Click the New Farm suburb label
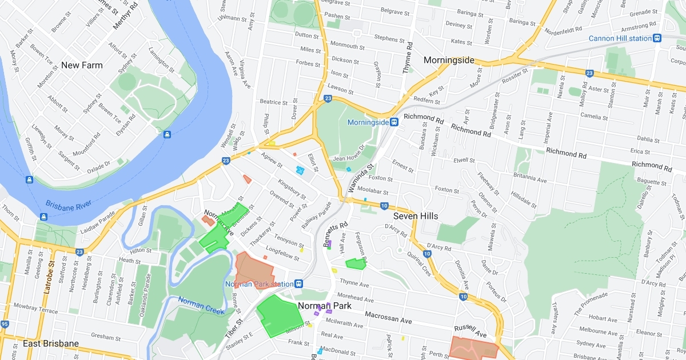82,65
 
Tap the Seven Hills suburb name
416,216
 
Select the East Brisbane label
51,343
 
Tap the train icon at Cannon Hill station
657,38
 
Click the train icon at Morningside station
394,122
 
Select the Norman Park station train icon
298,284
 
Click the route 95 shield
5,325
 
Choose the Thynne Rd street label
407,61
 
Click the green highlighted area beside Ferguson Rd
355,263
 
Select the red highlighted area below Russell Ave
473,347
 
